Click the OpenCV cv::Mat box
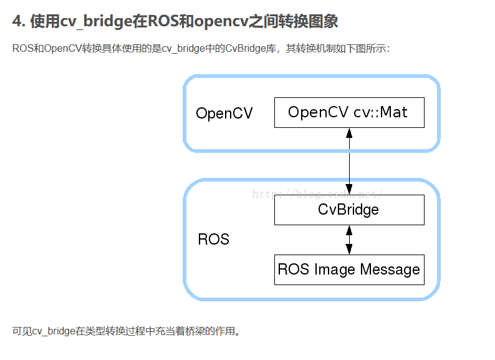[349, 113]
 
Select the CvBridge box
[349, 210]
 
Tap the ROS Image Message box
[349, 270]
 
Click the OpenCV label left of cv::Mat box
[224, 114]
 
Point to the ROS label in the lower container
[213, 239]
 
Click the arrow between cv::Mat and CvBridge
[349, 161]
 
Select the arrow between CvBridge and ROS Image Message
[349, 240]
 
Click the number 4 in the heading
[17, 22]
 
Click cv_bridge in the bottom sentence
[54, 331]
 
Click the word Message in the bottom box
[390, 270]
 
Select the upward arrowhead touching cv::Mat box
[349, 133]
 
